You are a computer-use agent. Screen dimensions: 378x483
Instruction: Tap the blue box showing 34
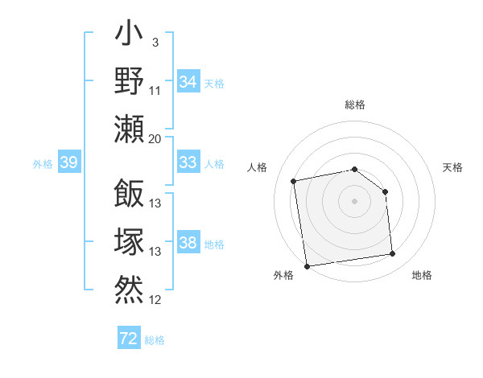click(x=188, y=82)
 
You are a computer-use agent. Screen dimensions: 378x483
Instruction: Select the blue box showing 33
click(x=188, y=162)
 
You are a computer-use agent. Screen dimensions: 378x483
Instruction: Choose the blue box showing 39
click(x=68, y=163)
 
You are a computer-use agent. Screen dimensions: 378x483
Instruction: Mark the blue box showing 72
click(x=129, y=339)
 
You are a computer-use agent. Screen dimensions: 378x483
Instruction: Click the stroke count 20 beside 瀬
click(x=155, y=138)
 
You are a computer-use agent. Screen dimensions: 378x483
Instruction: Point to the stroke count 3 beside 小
click(x=155, y=42)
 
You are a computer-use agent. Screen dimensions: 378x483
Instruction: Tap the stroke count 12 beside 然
click(x=155, y=300)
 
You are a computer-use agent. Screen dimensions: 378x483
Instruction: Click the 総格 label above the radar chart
click(x=355, y=105)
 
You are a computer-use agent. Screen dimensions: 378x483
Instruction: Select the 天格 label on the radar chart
click(x=453, y=167)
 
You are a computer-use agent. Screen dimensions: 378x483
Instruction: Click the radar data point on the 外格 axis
click(x=306, y=266)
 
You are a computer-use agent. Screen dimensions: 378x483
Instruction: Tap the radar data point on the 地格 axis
click(x=393, y=254)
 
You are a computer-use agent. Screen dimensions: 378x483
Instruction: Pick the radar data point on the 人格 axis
click(x=294, y=181)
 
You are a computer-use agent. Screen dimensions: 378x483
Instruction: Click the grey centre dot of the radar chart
click(x=355, y=200)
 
